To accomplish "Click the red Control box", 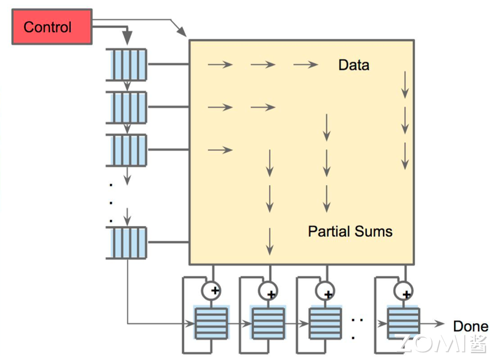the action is point(52,27).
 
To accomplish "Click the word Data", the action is point(353,65).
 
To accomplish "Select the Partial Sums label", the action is point(350,231).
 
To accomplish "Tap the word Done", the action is point(470,326).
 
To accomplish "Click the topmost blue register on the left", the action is point(126,65).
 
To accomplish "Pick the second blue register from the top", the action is point(126,107).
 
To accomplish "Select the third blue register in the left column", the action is point(126,150).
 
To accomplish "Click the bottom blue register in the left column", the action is point(126,243).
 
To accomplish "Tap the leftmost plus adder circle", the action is point(211,290).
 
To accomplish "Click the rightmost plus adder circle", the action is point(403,290).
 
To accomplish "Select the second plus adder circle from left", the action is point(268,290).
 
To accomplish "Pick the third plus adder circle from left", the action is point(325,290).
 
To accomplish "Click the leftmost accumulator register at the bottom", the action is point(211,323).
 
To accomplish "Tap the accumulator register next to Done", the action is point(403,323).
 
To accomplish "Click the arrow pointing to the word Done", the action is point(432,323).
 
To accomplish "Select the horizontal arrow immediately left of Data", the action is point(306,65).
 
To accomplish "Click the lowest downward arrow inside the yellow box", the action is point(269,241).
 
